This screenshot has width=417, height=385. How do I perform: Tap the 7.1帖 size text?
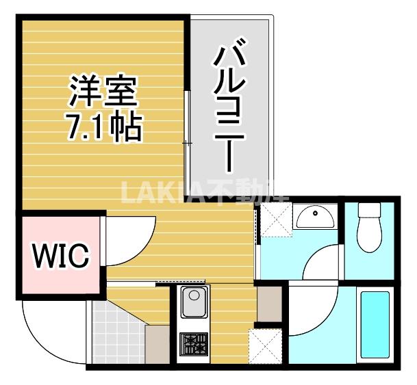point(104,127)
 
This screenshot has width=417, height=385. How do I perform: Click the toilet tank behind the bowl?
point(370,209)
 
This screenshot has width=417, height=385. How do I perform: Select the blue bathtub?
point(374,324)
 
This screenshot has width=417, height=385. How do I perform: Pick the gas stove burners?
point(192,344)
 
